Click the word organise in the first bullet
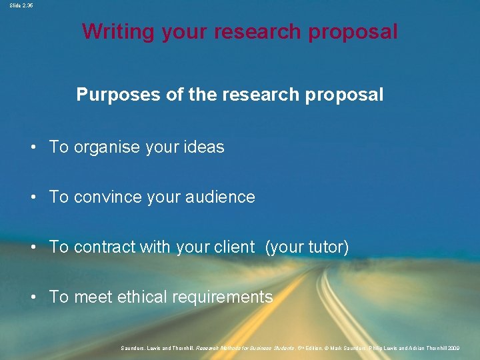(x=107, y=147)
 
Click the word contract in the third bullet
(x=105, y=247)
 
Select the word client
(x=233, y=247)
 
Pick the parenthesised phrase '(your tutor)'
(x=307, y=247)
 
